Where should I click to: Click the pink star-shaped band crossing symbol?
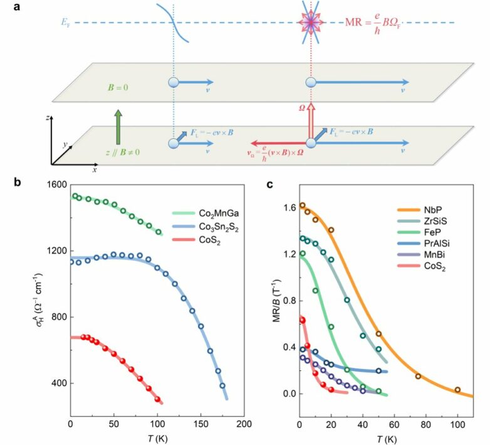click(310, 24)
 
